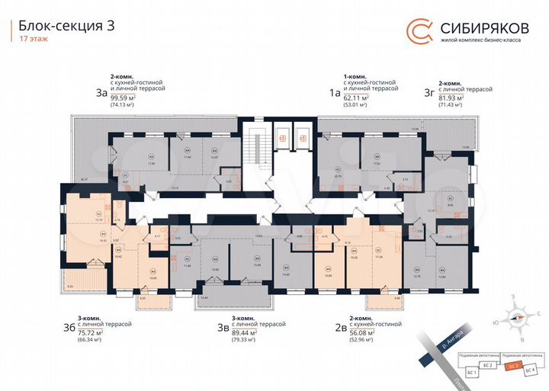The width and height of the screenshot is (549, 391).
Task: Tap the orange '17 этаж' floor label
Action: coord(32,40)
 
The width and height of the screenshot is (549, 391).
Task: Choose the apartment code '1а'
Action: coord(333,93)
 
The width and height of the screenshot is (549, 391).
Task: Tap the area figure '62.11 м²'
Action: coord(356,98)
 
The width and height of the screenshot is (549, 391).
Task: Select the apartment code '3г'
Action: coord(429,93)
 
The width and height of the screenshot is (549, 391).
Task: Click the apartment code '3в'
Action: coord(223,329)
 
